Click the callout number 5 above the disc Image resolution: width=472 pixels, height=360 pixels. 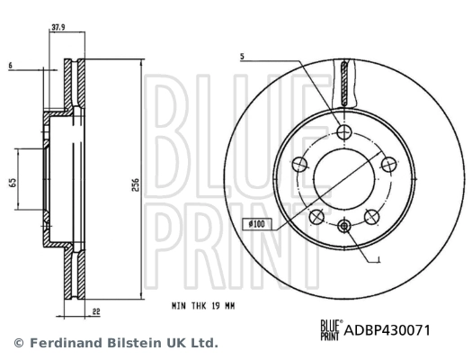[242, 58]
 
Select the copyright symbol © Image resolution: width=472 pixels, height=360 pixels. [17, 343]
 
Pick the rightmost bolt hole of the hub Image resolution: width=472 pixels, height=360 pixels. [389, 165]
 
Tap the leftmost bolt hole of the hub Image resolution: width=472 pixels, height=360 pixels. [300, 165]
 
